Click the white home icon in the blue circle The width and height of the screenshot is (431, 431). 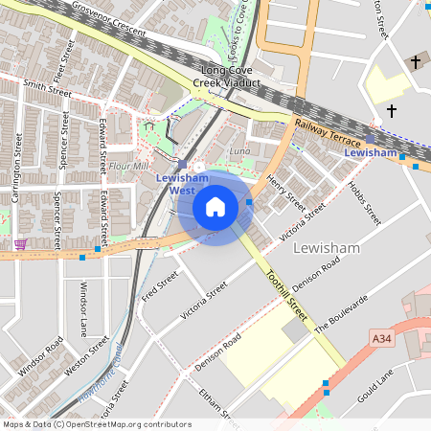tap(215, 207)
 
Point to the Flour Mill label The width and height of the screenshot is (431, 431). tap(127, 166)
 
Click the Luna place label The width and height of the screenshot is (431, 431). tap(239, 151)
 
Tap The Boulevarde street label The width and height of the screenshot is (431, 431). tap(341, 314)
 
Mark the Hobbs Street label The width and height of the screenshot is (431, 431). tap(364, 202)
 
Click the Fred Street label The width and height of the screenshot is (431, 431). tap(160, 285)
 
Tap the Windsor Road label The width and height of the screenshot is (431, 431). tap(41, 355)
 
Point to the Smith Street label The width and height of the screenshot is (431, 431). tap(48, 88)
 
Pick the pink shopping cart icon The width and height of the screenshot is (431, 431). tap(20, 244)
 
